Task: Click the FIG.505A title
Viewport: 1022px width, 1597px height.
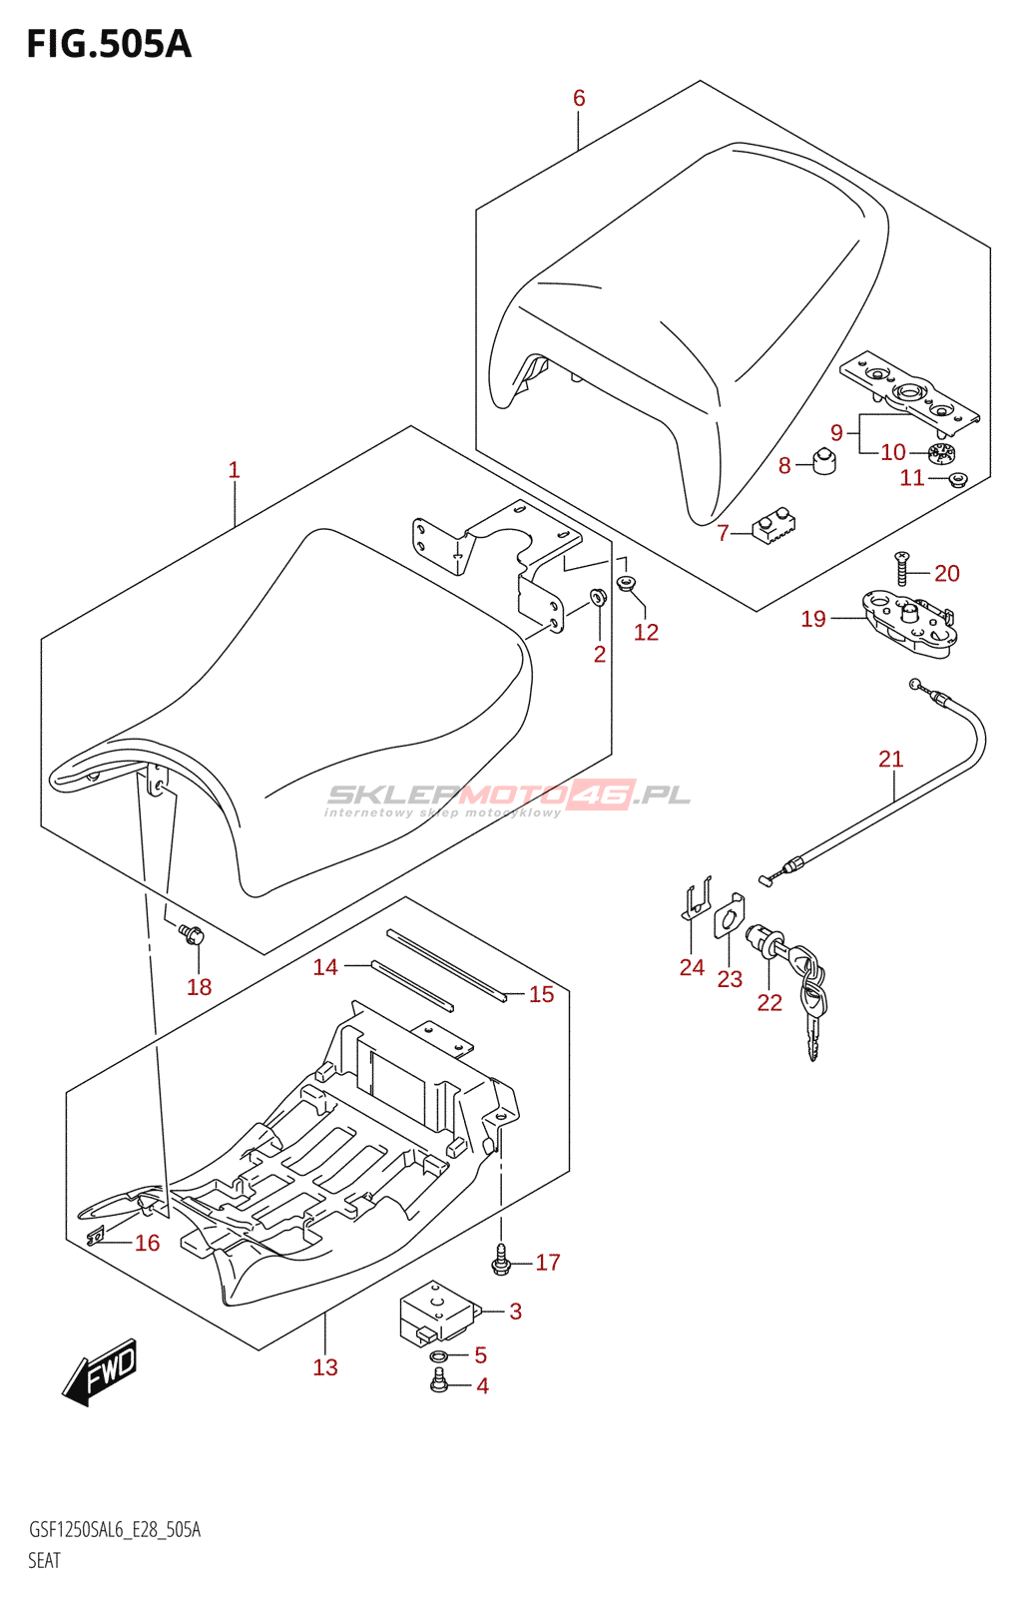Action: pos(109,44)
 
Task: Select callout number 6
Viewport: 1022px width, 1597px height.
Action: pos(579,99)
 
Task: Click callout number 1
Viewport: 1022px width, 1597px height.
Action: pos(234,470)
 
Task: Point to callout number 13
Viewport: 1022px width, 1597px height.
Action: pos(325,1367)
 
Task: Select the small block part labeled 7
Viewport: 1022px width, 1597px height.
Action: pos(773,528)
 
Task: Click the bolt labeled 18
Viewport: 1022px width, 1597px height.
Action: pos(191,933)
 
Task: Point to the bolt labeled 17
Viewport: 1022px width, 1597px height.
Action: pos(500,1265)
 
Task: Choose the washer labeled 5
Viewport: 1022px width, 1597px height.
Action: pos(439,1353)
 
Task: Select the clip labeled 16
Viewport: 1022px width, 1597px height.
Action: pos(95,1237)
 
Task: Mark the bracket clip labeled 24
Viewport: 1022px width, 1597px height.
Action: pos(695,898)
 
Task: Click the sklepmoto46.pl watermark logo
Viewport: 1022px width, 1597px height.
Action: pos(507,799)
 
